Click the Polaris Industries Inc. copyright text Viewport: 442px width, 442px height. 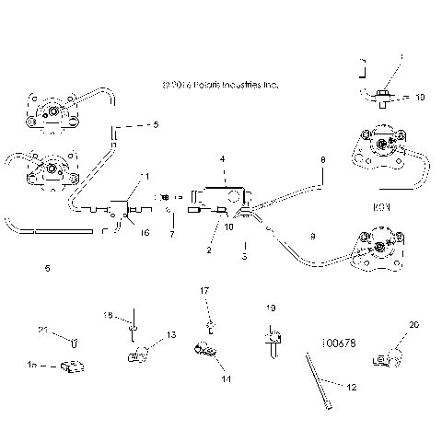219,85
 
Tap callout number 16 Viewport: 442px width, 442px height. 145,234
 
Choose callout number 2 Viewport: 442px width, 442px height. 209,250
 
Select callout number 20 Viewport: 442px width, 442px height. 413,324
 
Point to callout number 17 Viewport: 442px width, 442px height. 205,291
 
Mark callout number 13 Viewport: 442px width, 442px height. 171,334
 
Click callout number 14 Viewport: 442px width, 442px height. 225,378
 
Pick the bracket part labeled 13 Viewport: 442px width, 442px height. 138,355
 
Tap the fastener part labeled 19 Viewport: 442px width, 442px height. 272,341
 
